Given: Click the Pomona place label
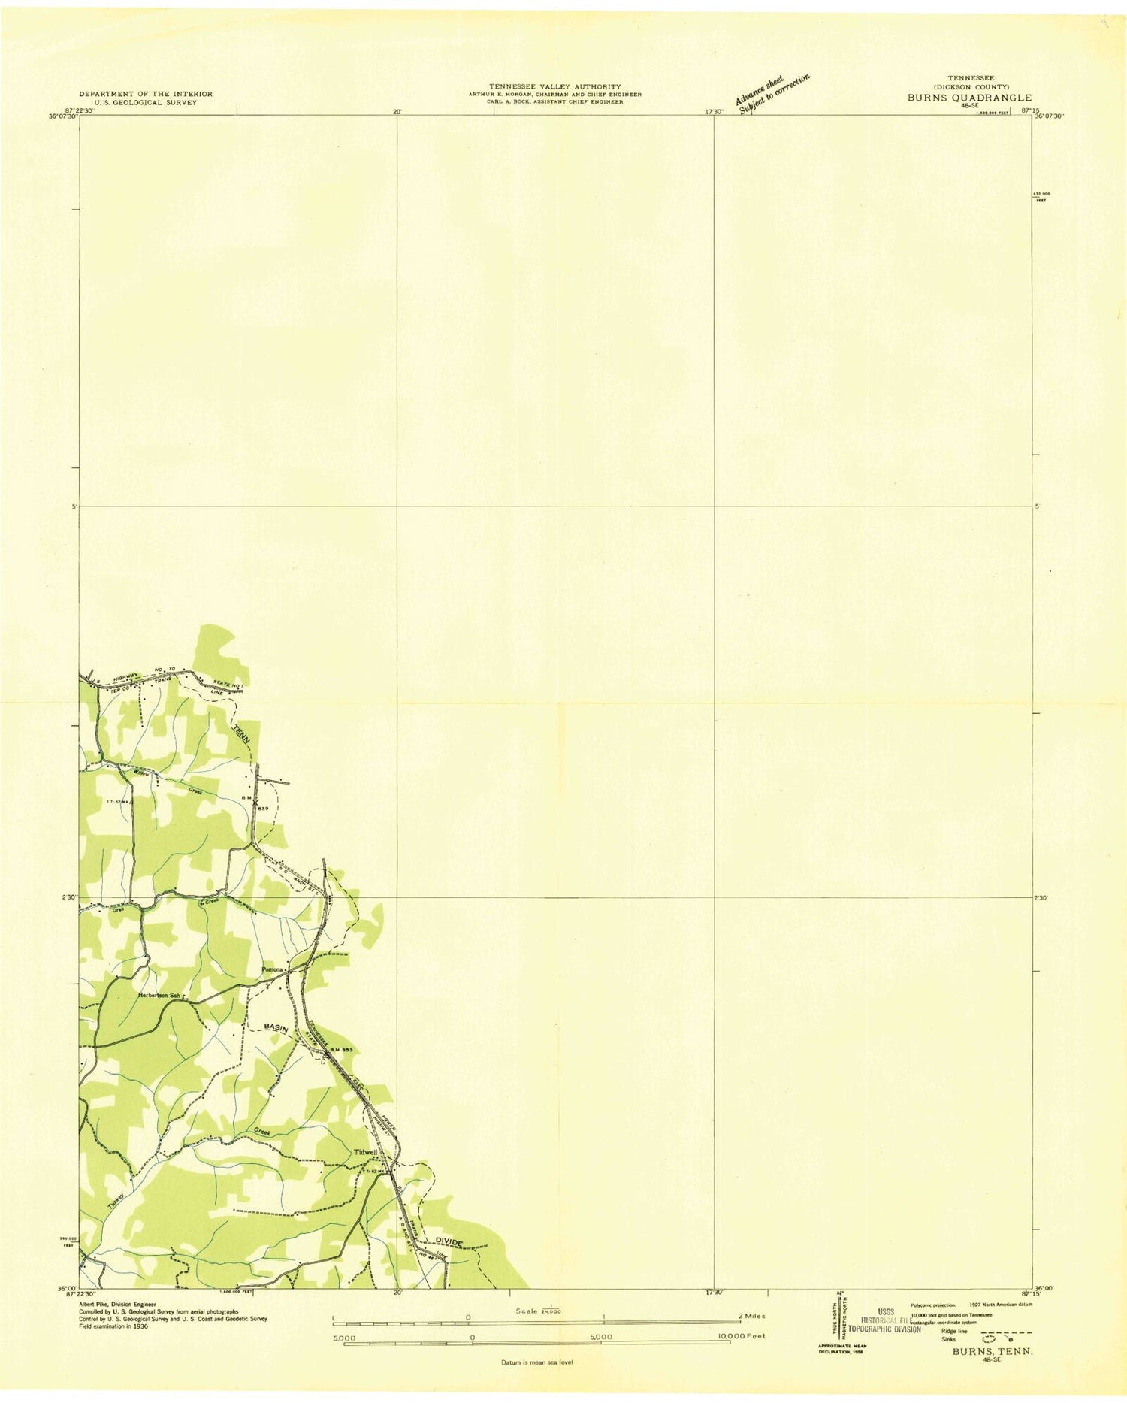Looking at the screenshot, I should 272,969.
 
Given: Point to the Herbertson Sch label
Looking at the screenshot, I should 159,996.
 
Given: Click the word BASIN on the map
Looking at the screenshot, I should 276,1027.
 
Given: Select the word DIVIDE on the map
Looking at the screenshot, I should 447,1242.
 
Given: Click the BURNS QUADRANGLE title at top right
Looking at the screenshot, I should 969,98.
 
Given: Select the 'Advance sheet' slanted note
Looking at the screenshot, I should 759,89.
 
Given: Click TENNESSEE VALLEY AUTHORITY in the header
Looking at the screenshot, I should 555,86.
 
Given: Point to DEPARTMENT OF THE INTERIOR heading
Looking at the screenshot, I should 146,94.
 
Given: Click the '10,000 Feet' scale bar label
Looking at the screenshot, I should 741,1337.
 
